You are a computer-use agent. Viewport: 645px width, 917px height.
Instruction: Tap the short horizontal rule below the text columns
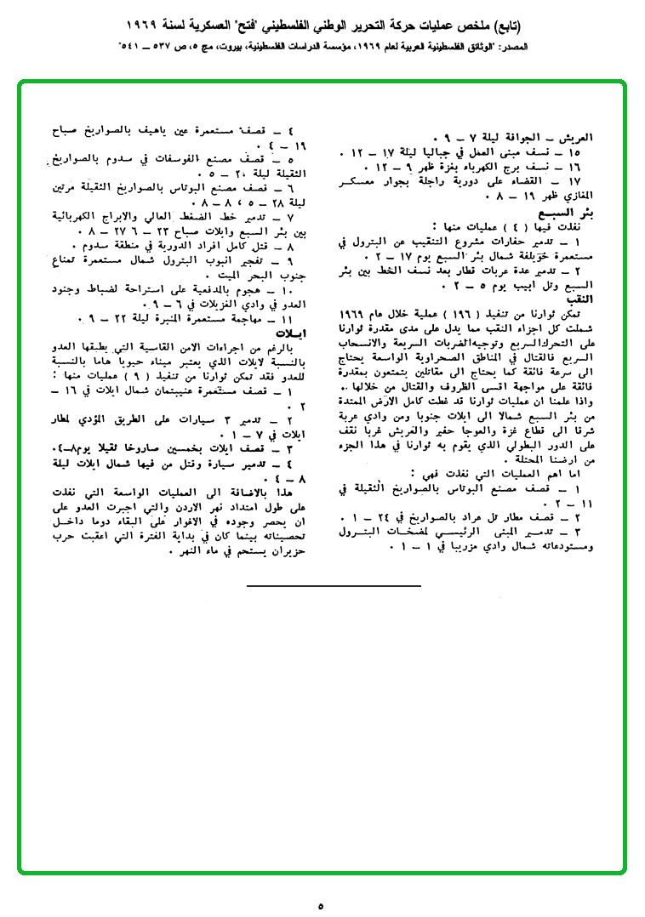tap(334, 586)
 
